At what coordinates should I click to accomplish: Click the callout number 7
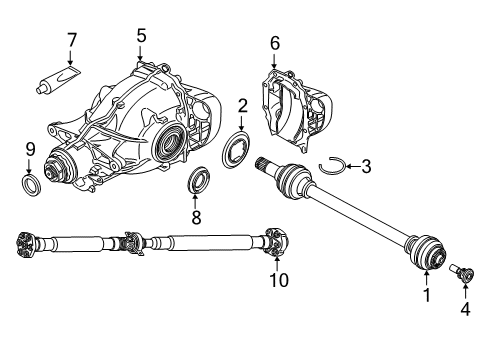tap(71, 41)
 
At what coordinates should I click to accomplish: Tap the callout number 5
tap(141, 36)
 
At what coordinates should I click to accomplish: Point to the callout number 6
tap(275, 44)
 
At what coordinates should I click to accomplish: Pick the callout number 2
tap(242, 106)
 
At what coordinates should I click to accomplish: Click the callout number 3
tap(367, 165)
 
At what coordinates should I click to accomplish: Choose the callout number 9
tap(30, 150)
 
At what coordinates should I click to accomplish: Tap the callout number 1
tap(426, 297)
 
